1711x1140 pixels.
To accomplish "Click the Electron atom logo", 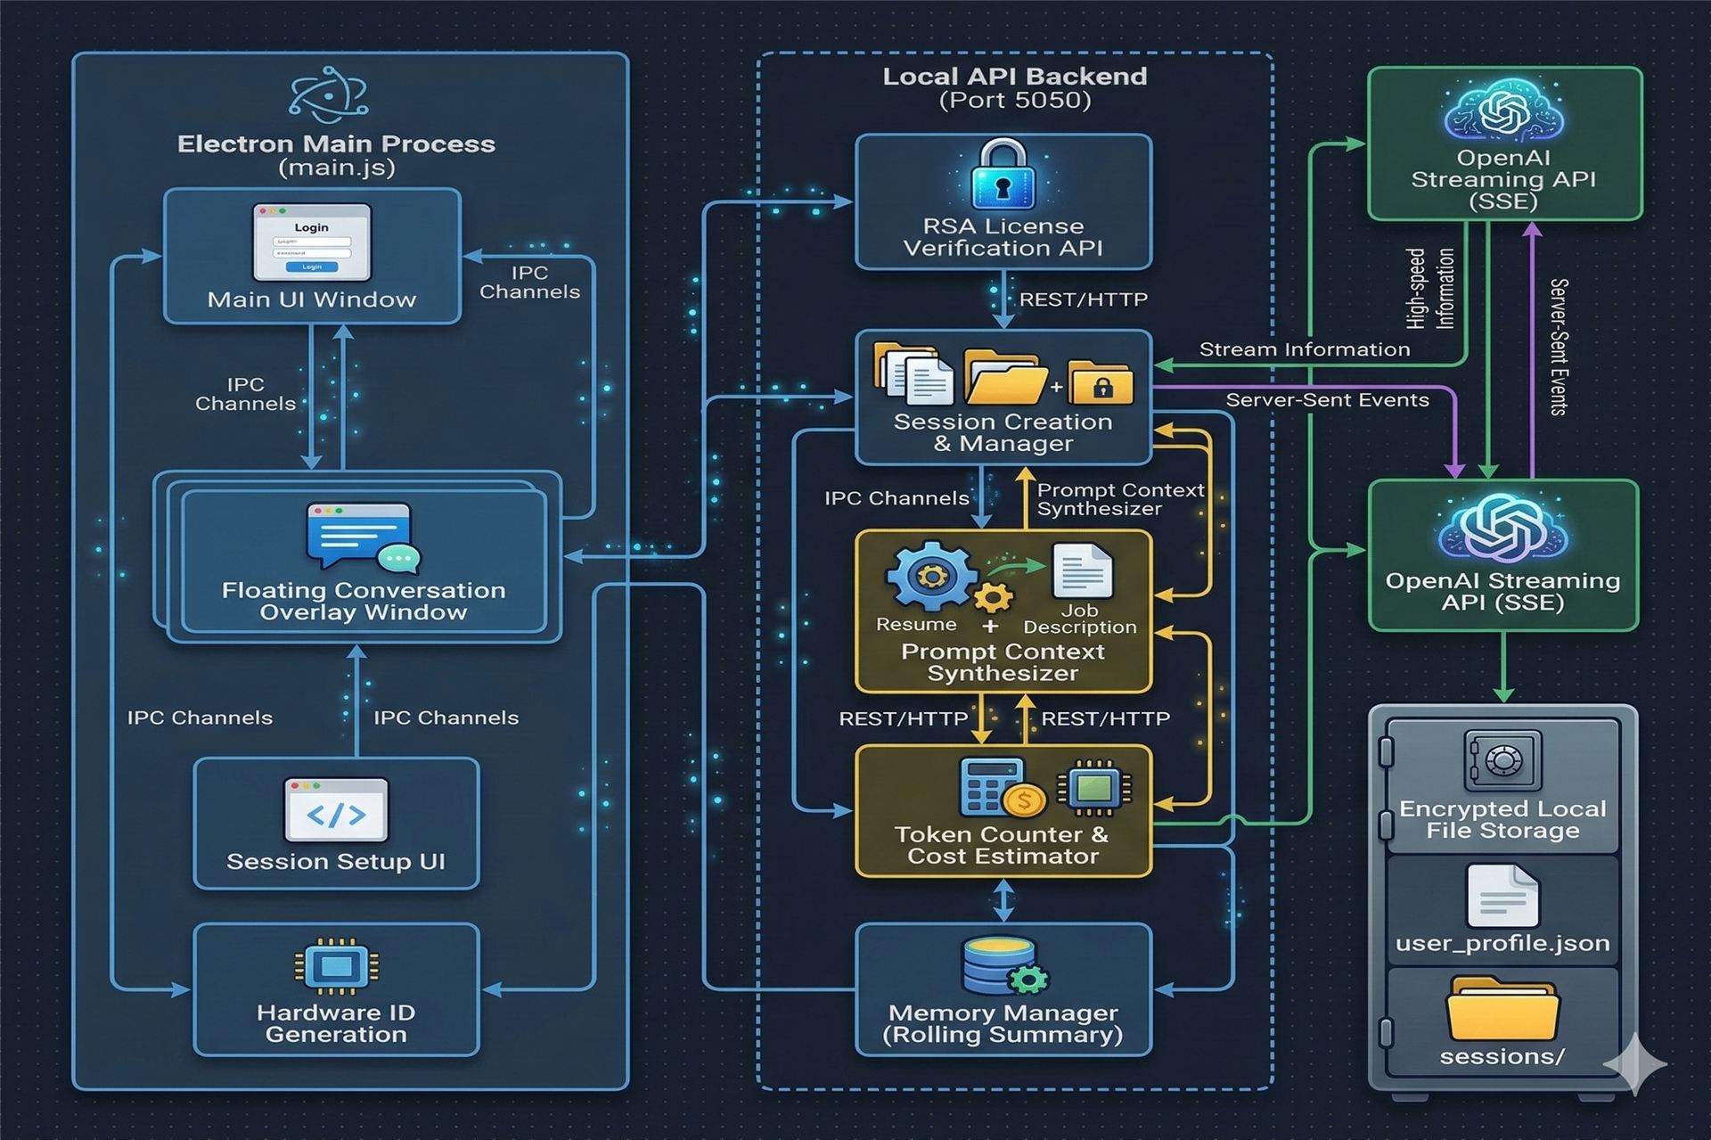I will pos(328,94).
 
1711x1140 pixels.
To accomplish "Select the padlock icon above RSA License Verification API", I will pos(1003,175).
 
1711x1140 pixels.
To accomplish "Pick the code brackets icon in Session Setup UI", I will pos(336,810).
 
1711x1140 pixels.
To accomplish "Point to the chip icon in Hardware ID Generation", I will pos(336,966).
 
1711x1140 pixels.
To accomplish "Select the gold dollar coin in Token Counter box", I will pos(1024,800).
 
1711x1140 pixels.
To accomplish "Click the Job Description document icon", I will pos(1082,571).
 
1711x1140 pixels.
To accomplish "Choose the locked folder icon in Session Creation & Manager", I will pos(1101,384).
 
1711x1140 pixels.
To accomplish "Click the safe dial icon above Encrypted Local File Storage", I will pos(1502,761).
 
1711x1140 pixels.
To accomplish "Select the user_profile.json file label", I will pos(1502,943).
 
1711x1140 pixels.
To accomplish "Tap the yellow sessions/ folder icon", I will pos(1502,1009).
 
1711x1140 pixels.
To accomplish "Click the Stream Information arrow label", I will pos(1304,349).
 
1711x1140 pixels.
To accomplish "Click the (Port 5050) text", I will pos(1015,100).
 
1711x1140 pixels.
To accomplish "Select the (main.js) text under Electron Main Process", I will pos(336,168).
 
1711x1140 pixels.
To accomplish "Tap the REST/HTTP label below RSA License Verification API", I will pos(1083,299).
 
